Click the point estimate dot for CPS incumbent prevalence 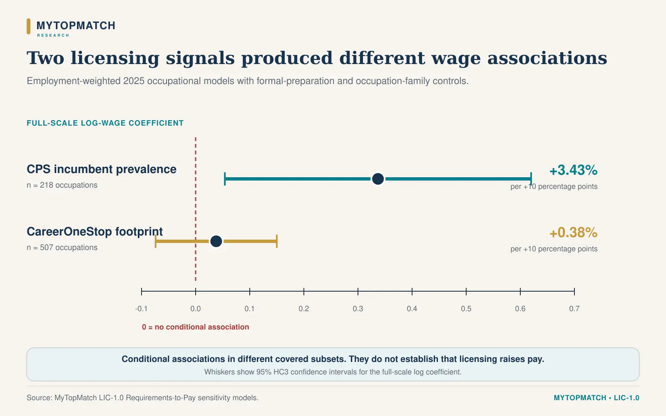[x=378, y=179]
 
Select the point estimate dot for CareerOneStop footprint [x=216, y=241]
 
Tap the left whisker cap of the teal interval [x=225, y=179]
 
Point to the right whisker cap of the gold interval [x=277, y=241]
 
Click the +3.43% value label [x=573, y=170]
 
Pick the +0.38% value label [x=573, y=233]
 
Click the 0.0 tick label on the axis [x=196, y=309]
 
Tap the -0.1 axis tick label [x=141, y=309]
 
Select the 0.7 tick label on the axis [x=574, y=309]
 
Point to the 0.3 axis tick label [x=358, y=309]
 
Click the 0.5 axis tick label [x=466, y=309]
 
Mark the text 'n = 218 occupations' [x=62, y=185]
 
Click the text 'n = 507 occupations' [x=62, y=248]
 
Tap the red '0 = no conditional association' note [x=195, y=327]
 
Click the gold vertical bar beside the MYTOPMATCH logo [x=29, y=27]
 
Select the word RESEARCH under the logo [x=53, y=35]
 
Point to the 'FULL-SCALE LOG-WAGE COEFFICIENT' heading [x=105, y=123]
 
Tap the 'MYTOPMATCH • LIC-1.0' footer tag [x=596, y=398]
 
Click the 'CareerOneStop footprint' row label [x=95, y=232]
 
